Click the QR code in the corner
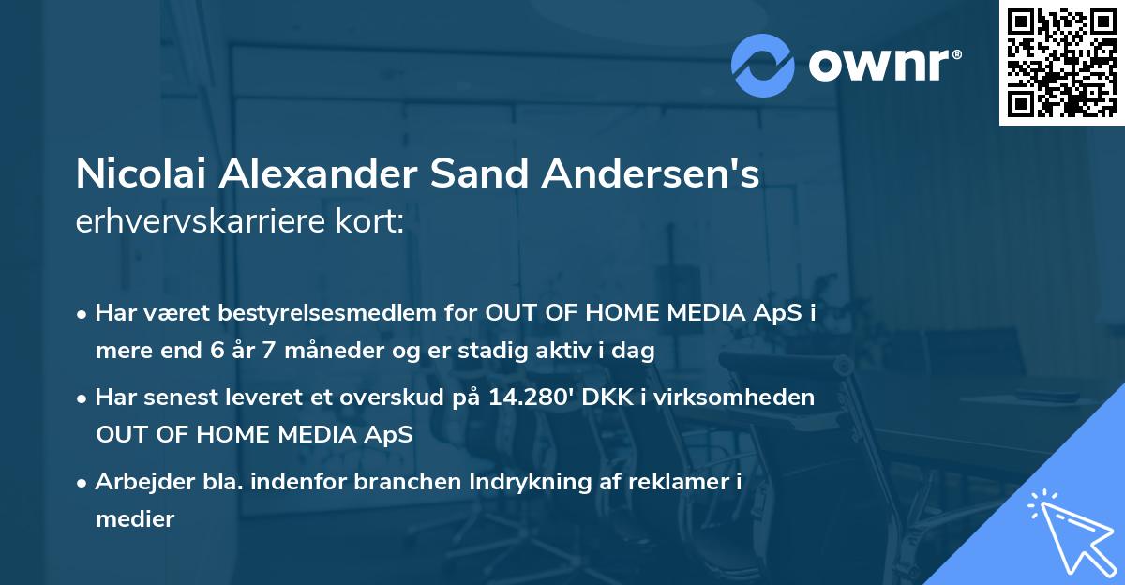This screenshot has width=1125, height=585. [x=1062, y=62]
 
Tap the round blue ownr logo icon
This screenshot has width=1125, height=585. [x=763, y=65]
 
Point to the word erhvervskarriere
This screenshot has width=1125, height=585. [x=194, y=221]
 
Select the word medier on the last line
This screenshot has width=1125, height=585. [x=135, y=519]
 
